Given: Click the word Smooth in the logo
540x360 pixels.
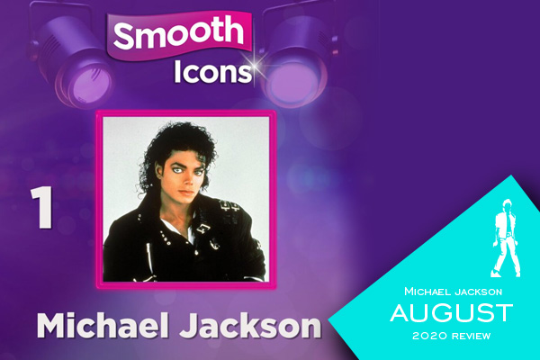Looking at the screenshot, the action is (x=178, y=32).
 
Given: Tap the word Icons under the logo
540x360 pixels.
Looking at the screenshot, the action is (x=212, y=72).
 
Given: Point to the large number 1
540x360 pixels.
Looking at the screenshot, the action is (x=42, y=208).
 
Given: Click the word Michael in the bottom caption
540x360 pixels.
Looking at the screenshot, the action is (x=103, y=325).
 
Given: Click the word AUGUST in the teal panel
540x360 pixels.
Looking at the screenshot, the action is (x=452, y=312).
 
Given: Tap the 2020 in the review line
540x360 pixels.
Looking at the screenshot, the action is (x=430, y=336).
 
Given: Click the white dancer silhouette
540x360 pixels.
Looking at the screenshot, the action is (x=506, y=238).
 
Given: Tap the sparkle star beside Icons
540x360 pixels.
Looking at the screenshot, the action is (x=256, y=67).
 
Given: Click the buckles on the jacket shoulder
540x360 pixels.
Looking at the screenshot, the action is (x=229, y=206).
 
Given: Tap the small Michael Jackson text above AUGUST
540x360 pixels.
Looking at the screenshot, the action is (x=454, y=292).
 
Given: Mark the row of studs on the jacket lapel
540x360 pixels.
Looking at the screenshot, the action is (x=165, y=238).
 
